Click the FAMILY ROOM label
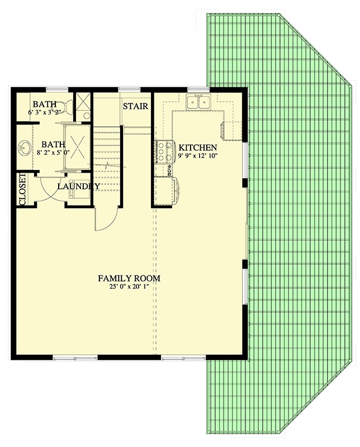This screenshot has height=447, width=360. click(129, 278)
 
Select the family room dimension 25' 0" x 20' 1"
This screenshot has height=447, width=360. click(129, 287)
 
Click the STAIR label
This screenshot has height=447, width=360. click(135, 106)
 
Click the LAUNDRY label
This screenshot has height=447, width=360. click(78, 186)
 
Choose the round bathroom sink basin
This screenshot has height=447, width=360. click(24, 148)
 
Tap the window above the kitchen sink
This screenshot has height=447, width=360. click(198, 89)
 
